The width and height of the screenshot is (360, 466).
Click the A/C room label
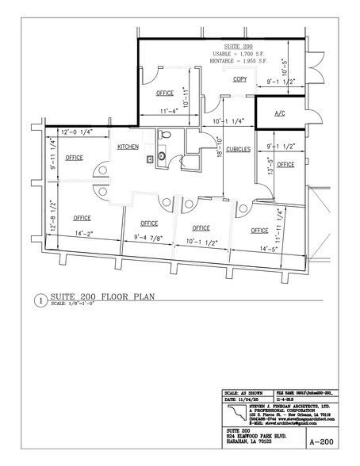[280, 113]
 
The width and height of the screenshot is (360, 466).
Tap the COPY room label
[239, 79]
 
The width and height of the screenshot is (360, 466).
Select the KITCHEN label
[129, 147]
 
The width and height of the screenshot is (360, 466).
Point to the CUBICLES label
[239, 150]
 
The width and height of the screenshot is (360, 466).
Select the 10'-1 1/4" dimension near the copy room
[228, 120]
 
